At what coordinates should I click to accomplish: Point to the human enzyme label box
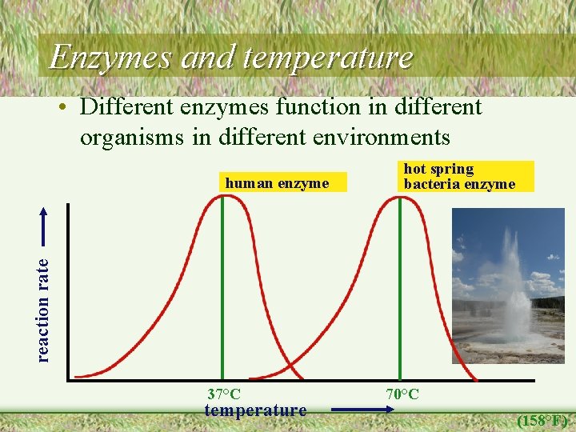pos(277,183)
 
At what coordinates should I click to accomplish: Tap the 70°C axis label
pos(402,394)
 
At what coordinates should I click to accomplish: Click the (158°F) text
pos(542,420)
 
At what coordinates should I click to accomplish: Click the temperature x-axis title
pos(255,411)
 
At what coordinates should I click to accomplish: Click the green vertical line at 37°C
pos(222,304)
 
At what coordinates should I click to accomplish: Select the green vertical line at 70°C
pos(400,304)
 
